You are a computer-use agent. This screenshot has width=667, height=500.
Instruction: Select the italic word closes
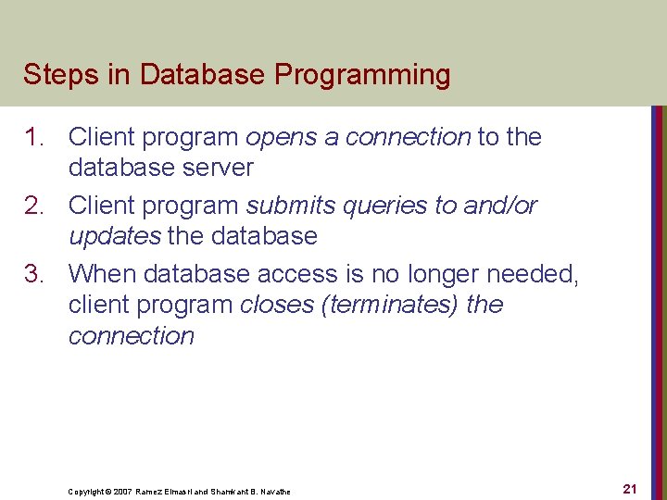pos(277,305)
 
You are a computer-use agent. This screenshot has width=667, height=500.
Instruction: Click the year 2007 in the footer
pos(122,492)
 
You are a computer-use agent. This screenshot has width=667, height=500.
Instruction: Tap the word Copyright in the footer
pos(87,492)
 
